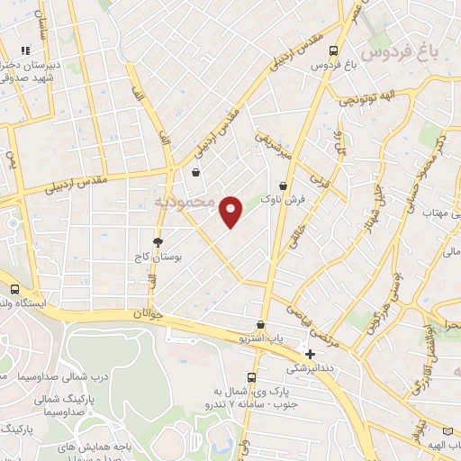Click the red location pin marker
(231, 211)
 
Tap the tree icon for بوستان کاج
(158, 242)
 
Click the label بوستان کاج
(164, 257)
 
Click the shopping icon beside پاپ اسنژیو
(261, 324)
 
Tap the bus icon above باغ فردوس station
(334, 50)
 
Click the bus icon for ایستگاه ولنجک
(14, 289)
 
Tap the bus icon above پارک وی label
(251, 378)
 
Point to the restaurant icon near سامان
(27, 50)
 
